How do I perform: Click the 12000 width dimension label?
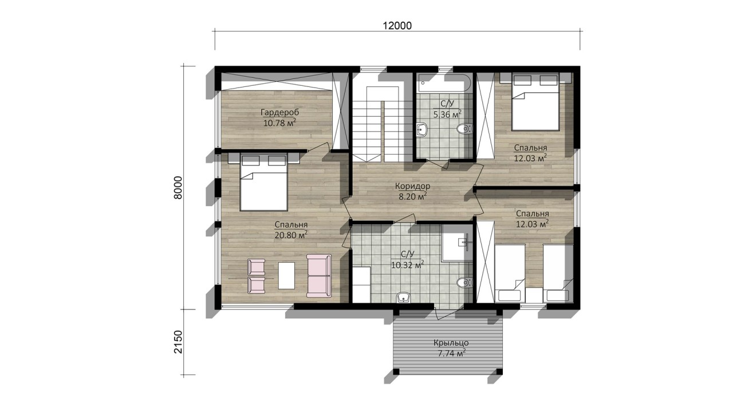click(397, 26)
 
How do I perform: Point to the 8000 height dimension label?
click(178, 188)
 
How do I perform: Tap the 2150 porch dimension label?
click(178, 342)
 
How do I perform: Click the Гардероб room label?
click(280, 113)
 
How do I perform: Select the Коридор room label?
click(413, 186)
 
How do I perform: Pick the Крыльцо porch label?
click(451, 343)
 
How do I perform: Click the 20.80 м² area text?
click(291, 235)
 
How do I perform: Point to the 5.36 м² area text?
click(447, 114)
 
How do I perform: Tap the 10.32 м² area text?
click(408, 264)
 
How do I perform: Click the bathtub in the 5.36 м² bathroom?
click(444, 83)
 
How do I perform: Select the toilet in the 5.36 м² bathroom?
click(464, 129)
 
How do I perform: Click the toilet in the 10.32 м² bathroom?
click(464, 283)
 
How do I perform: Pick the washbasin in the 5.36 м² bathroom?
click(422, 129)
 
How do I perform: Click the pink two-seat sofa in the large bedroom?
click(319, 276)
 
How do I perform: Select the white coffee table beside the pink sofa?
click(286, 275)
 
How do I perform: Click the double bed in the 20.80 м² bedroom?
click(264, 182)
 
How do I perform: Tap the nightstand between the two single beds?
click(534, 295)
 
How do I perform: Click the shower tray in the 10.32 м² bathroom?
click(457, 243)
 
